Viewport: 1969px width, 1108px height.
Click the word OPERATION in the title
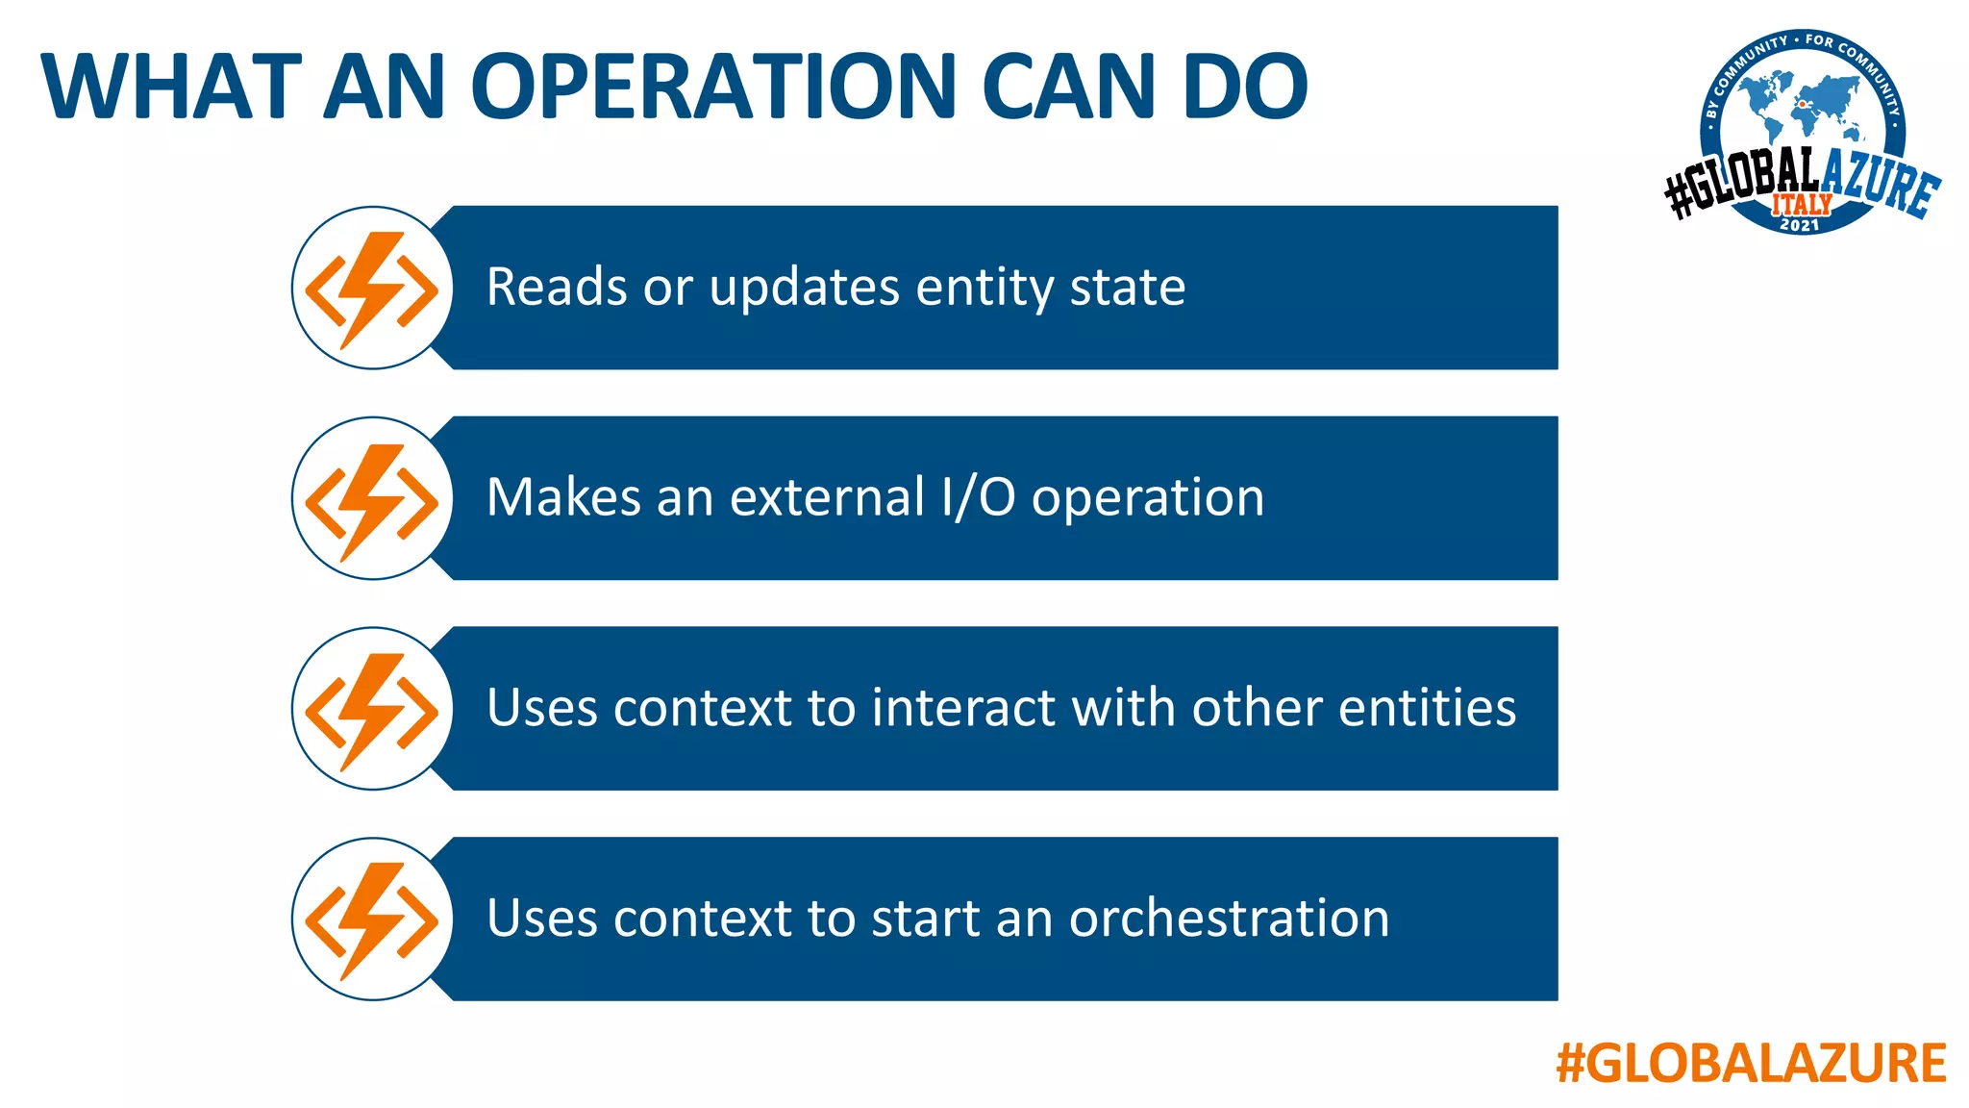coord(711,87)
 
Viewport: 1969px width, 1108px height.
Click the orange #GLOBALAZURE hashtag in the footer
coord(1751,1063)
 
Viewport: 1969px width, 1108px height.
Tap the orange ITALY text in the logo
coord(1802,204)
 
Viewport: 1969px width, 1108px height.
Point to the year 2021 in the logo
coord(1800,225)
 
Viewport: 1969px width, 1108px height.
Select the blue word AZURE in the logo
coord(1880,183)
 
